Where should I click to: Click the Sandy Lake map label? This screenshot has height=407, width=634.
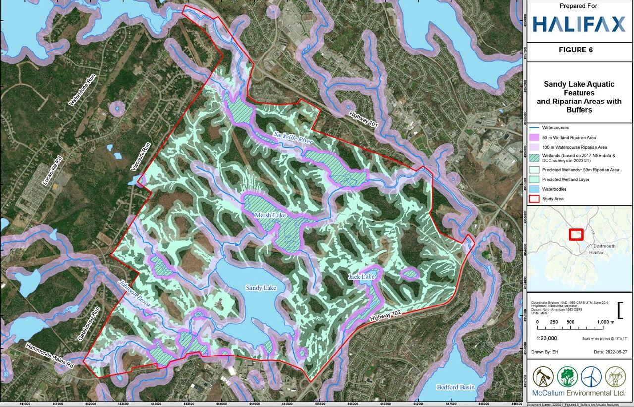[x=261, y=288]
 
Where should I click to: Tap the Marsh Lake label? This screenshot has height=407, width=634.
[x=268, y=216]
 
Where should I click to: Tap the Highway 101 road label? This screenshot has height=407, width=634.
[x=364, y=119]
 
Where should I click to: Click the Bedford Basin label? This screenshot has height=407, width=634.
[x=455, y=387]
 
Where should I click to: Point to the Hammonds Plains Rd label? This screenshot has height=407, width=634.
[x=50, y=356]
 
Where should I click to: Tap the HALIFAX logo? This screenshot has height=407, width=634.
[x=579, y=24]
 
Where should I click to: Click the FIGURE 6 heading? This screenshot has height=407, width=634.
[x=575, y=50]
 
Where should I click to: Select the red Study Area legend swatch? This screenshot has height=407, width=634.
[x=533, y=199]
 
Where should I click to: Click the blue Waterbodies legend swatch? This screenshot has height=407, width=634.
[x=533, y=189]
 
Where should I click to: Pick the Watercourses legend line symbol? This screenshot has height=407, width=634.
[x=533, y=128]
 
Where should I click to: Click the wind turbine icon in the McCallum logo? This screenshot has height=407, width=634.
[x=590, y=376]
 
